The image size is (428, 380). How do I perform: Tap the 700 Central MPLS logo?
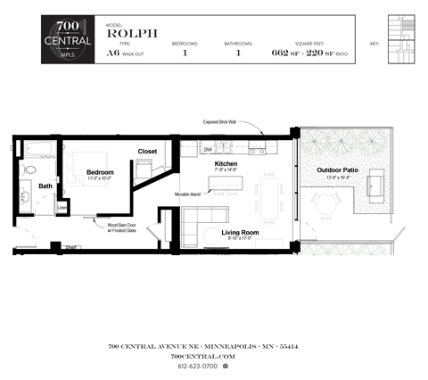[x=68, y=39]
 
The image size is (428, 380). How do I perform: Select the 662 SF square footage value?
[x=286, y=53]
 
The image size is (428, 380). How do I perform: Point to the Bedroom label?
[x=100, y=171]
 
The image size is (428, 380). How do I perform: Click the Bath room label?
[x=45, y=186]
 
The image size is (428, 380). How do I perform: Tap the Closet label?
[x=147, y=152]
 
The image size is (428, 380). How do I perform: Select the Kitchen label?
[x=226, y=165]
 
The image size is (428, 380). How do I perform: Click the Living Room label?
[x=240, y=233]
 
